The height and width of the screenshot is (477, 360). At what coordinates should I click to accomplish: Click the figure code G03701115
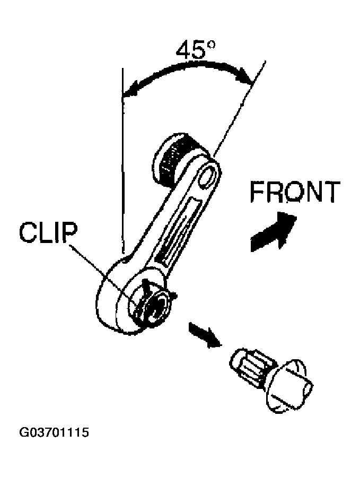pyautogui.click(x=54, y=432)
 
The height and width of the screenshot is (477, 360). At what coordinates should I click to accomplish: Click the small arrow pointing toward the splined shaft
pyautogui.click(x=205, y=335)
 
